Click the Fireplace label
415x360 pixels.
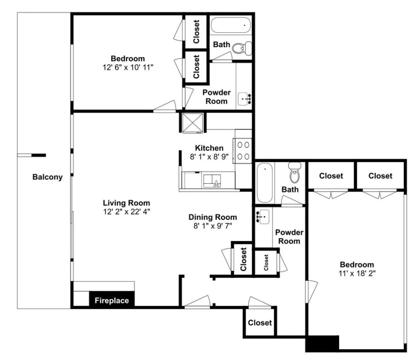112,300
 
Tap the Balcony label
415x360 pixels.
47,177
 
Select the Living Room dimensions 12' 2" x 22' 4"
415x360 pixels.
127,211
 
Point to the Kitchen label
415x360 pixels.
209,148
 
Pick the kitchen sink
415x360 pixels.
212,180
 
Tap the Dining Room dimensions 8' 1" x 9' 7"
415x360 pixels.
213,226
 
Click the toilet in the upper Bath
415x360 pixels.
242,48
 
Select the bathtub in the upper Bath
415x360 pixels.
231,25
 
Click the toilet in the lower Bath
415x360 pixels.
294,172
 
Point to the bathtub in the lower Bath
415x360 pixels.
264,182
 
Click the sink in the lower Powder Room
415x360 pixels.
262,217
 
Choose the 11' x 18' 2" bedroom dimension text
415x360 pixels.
357,273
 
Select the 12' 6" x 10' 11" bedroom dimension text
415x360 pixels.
128,67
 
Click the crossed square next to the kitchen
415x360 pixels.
193,123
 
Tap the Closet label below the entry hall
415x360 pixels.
260,322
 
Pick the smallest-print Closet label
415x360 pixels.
266,262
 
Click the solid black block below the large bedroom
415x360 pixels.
322,343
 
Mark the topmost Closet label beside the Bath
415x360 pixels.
196,32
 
